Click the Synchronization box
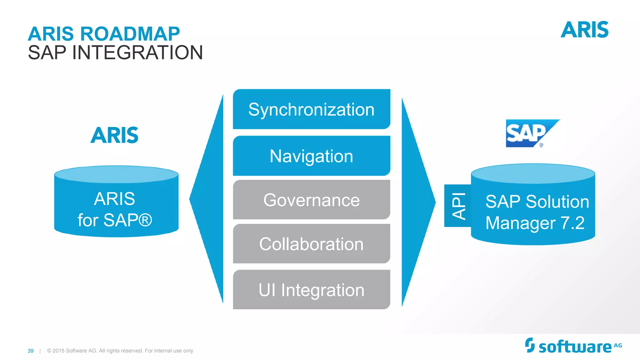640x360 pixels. point(311,109)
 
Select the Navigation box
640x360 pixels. point(311,156)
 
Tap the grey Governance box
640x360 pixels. point(311,200)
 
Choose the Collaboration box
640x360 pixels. point(311,244)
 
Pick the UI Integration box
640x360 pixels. point(311,290)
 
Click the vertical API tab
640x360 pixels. point(458,206)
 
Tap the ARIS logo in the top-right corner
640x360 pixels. point(584,30)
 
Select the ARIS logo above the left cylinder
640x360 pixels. point(114,135)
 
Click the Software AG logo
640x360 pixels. point(573,346)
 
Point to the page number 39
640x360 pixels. point(31,351)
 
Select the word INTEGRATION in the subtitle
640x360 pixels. point(137,52)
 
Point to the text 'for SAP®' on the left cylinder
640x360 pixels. point(115,220)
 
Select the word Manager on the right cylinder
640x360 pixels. point(520,223)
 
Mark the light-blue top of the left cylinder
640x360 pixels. point(116,174)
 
